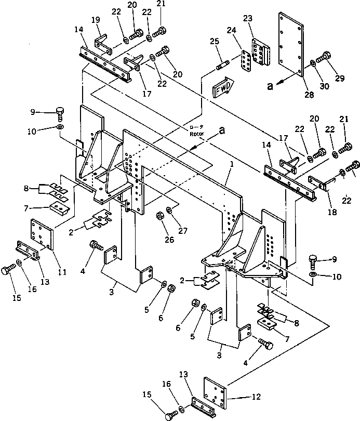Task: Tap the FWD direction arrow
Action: [224, 87]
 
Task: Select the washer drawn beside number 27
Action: [170, 210]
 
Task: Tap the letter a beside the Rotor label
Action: [222, 131]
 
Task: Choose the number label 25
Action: [214, 41]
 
